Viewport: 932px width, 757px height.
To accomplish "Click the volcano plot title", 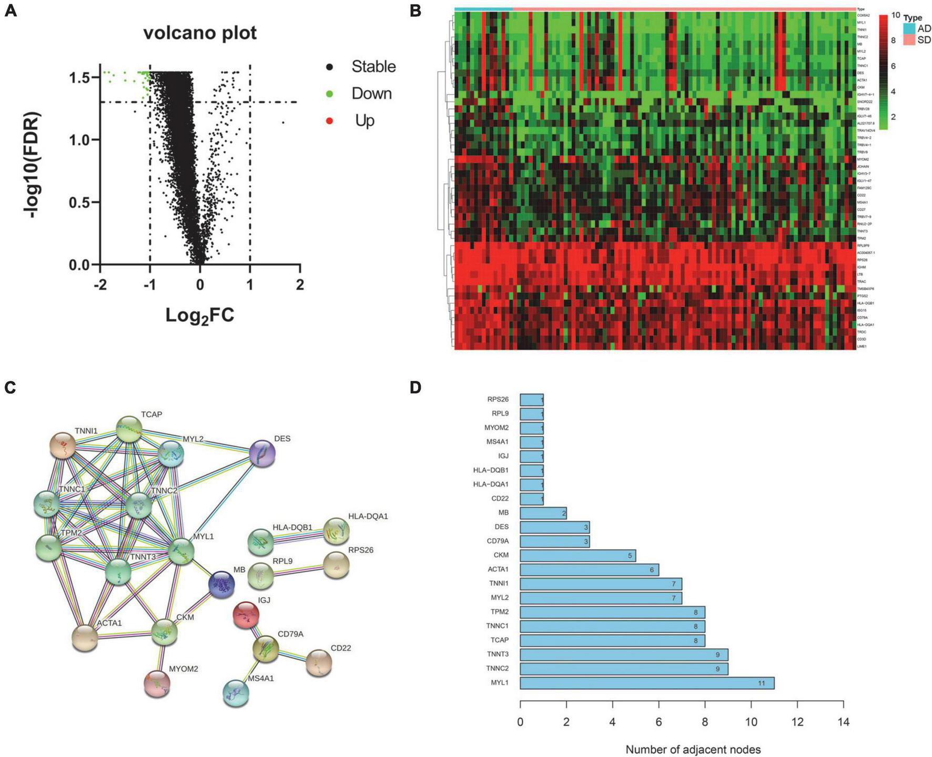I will pyautogui.click(x=200, y=33).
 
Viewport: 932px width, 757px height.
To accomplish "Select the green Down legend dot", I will pyautogui.click(x=330, y=94).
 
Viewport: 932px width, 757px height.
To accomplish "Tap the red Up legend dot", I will pyautogui.click(x=330, y=121).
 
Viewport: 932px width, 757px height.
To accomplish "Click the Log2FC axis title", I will pyautogui.click(x=200, y=315).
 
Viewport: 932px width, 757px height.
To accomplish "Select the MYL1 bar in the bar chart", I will pyautogui.click(x=647, y=683).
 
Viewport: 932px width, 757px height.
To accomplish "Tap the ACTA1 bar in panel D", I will pyautogui.click(x=589, y=569).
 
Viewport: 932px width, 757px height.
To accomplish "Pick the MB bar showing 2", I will pyautogui.click(x=543, y=512).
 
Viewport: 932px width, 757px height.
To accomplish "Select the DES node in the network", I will pyautogui.click(x=262, y=453).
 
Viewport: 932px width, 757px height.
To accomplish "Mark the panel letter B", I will pyautogui.click(x=416, y=11).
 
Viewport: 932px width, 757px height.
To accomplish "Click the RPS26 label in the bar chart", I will pyautogui.click(x=498, y=399).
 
